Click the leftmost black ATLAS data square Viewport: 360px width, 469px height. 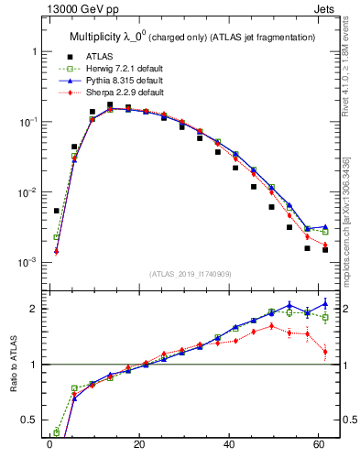click(x=56, y=211)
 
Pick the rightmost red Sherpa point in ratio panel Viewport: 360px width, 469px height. click(x=325, y=352)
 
